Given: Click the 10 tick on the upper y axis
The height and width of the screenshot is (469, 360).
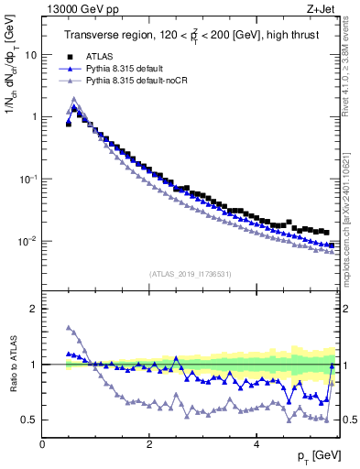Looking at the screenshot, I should (30, 55).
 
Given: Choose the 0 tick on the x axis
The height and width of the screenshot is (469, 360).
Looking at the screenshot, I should (42, 444).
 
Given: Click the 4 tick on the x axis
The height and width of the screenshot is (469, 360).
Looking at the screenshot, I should (256, 444).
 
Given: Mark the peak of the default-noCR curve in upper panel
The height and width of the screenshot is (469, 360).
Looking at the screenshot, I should (73, 99).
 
